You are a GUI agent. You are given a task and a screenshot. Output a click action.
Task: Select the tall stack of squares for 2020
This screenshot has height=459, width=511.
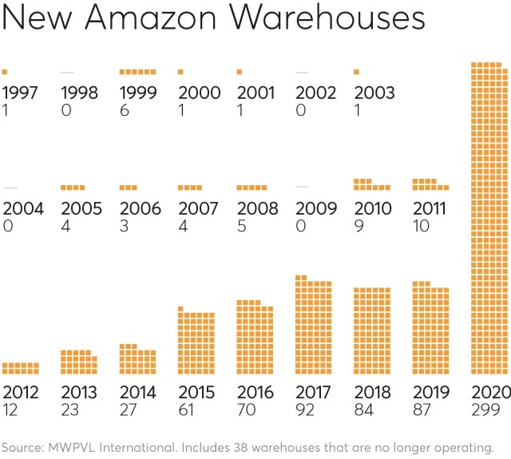tap(489, 218)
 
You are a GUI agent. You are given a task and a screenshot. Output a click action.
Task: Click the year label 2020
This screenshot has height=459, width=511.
tap(489, 392)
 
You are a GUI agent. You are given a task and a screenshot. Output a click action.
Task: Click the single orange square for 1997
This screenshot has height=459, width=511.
tap(5, 72)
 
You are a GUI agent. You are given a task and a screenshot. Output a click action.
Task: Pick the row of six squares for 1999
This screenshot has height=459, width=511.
tap(137, 72)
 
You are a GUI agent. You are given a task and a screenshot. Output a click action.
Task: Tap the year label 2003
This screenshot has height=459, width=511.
tap(374, 93)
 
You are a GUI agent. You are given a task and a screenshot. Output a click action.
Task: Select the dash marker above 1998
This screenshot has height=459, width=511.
tap(67, 73)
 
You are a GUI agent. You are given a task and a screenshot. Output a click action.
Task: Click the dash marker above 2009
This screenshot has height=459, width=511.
tap(302, 187)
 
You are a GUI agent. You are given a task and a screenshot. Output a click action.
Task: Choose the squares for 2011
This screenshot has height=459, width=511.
tap(430, 184)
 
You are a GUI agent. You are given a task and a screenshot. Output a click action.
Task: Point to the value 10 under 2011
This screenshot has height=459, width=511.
tap(421, 226)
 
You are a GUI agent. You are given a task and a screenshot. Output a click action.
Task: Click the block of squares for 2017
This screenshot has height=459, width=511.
tap(313, 325)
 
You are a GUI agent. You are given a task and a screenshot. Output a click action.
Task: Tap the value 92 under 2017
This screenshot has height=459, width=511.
tap(307, 410)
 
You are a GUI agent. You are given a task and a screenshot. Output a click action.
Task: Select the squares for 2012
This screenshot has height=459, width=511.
tap(20, 368)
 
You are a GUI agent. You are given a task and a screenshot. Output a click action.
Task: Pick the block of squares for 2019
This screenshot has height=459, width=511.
tap(430, 328)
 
